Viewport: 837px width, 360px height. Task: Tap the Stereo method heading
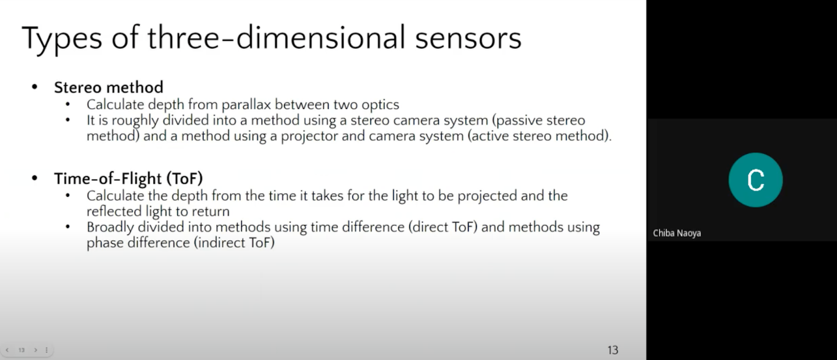pos(109,87)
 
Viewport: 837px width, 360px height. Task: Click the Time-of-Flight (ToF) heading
pos(128,179)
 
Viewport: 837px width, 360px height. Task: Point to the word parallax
pos(246,105)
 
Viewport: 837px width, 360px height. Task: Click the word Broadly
pos(110,227)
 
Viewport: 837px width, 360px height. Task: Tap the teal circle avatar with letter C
pos(756,180)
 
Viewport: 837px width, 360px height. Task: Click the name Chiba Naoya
pos(677,233)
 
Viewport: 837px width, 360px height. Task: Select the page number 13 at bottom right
pos(613,350)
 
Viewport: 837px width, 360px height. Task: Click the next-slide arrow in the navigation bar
pos(35,350)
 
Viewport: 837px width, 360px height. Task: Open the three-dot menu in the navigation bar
pos(46,350)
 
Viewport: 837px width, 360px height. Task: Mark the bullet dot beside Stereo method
pos(35,87)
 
